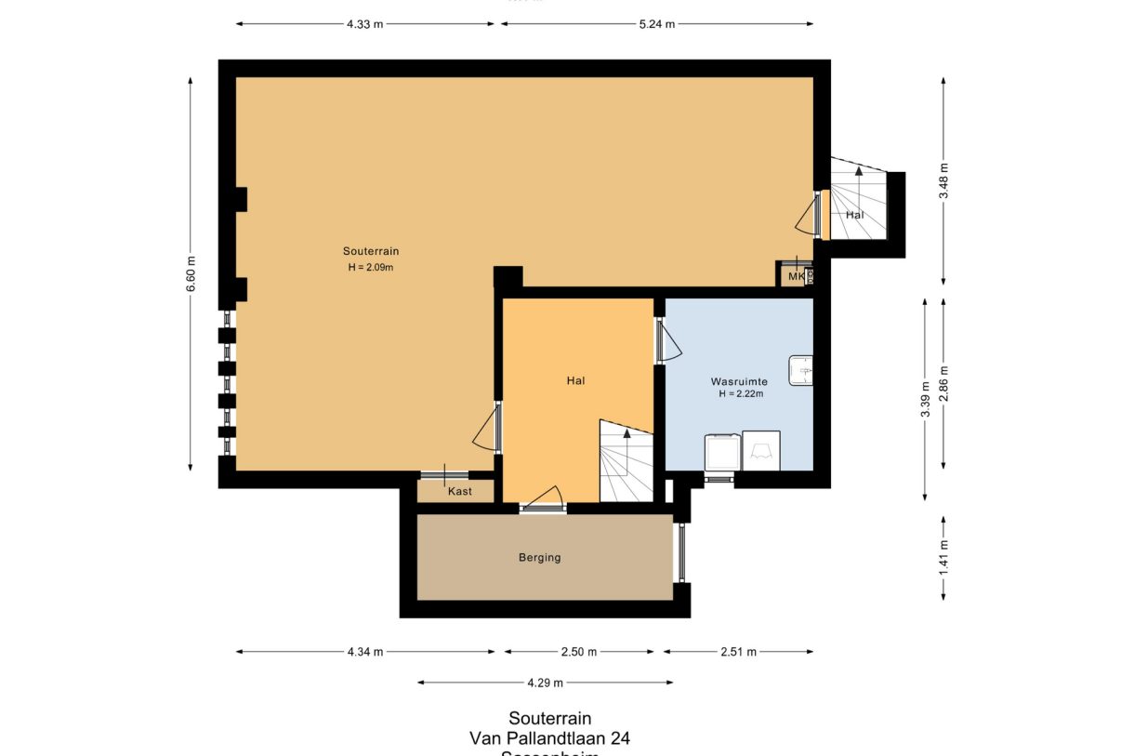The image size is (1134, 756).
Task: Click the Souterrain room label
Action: click(x=371, y=251)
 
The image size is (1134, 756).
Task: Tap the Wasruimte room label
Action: click(x=739, y=381)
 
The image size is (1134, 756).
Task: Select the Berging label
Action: click(x=540, y=558)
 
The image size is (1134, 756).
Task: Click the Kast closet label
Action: click(x=459, y=491)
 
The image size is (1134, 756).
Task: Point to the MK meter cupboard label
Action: click(x=796, y=276)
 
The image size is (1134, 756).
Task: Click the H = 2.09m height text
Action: click(x=371, y=268)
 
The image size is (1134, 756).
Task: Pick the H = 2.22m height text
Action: click(x=740, y=394)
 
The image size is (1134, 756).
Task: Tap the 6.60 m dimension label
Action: click(x=191, y=274)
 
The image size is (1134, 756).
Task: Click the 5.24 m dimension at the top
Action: click(x=656, y=24)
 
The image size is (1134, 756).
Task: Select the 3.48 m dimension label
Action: click(x=943, y=181)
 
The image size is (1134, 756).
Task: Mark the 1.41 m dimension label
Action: click(x=943, y=558)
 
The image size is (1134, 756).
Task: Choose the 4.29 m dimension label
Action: click(x=545, y=683)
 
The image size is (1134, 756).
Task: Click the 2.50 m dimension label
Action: click(x=579, y=652)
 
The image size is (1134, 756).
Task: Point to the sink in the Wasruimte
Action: click(x=800, y=370)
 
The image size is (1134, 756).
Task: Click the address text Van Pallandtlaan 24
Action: click(x=549, y=738)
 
